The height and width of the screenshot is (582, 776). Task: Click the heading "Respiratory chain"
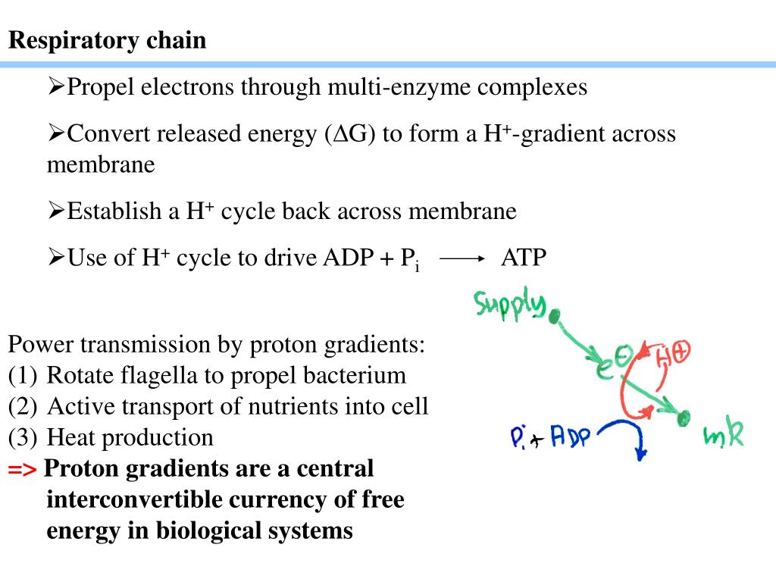click(108, 40)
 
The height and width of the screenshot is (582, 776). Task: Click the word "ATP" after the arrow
click(524, 258)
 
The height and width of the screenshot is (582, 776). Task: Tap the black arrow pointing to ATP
click(462, 258)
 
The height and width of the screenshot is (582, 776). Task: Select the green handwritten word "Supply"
click(509, 304)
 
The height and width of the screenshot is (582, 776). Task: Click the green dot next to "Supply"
click(555, 315)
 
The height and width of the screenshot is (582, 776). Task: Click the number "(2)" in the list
click(23, 406)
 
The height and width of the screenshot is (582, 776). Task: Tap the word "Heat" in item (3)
click(70, 437)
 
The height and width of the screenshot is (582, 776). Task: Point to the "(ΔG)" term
click(351, 134)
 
